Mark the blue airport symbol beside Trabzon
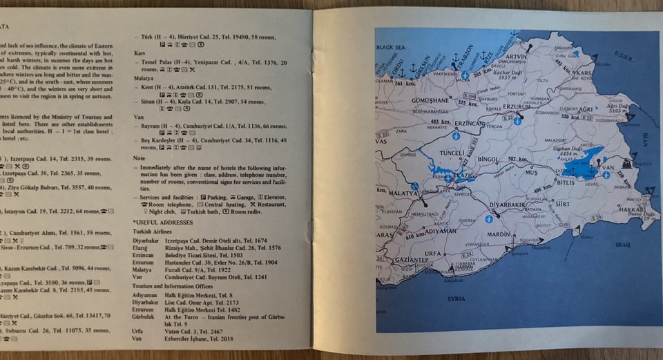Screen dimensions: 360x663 (465, 75)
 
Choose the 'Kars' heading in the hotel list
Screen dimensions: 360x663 (138, 53)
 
